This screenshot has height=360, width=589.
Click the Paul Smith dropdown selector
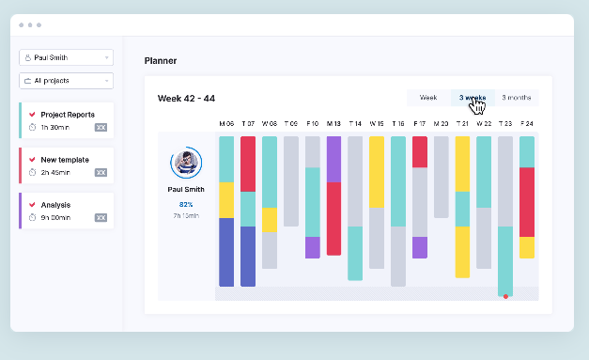(x=66, y=57)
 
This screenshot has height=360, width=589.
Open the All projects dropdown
(x=66, y=81)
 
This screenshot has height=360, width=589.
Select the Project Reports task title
(x=68, y=115)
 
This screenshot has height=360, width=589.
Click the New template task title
(x=64, y=160)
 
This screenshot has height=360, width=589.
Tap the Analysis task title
(x=55, y=205)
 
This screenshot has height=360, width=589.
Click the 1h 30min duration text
(x=54, y=127)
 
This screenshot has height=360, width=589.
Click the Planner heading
(x=161, y=61)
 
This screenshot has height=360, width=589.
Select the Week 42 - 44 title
(x=186, y=98)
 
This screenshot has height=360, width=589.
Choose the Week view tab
(x=428, y=98)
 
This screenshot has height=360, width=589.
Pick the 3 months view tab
(x=516, y=98)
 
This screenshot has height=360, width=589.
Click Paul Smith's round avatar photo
(x=186, y=164)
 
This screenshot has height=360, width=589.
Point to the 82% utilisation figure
(x=186, y=204)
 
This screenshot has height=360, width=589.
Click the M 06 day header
(x=226, y=124)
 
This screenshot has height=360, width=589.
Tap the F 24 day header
(x=527, y=124)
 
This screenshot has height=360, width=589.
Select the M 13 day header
(x=333, y=124)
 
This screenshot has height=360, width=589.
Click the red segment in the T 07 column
(x=248, y=164)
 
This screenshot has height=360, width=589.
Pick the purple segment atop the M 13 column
(x=333, y=159)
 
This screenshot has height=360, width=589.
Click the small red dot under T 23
(x=505, y=296)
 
